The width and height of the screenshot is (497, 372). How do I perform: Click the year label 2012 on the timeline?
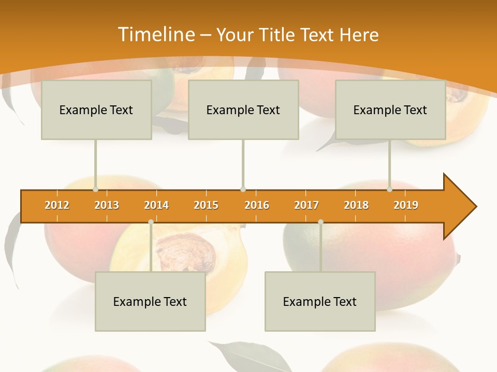[57, 205]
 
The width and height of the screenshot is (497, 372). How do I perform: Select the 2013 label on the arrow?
[107, 205]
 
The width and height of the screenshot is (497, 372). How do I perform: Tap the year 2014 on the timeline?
[156, 205]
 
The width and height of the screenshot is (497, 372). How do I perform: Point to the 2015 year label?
[206, 205]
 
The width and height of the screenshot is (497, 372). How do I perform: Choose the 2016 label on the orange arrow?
[257, 205]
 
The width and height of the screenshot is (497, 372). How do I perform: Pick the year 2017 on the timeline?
[306, 205]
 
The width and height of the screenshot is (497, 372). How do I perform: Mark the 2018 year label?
[356, 205]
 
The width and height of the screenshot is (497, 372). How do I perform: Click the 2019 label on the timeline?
[406, 205]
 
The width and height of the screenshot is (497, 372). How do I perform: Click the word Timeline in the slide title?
[156, 35]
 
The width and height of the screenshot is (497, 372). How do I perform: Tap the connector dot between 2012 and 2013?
[95, 190]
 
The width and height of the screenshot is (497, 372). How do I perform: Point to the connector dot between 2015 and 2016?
[243, 190]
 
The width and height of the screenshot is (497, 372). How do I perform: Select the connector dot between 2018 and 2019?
[389, 190]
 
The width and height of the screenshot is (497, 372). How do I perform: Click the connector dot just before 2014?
[151, 222]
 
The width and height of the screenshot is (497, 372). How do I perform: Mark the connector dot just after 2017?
[320, 222]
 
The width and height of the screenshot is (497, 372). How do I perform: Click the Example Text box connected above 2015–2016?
[243, 110]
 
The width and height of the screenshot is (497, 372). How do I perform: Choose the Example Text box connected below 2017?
[320, 301]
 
